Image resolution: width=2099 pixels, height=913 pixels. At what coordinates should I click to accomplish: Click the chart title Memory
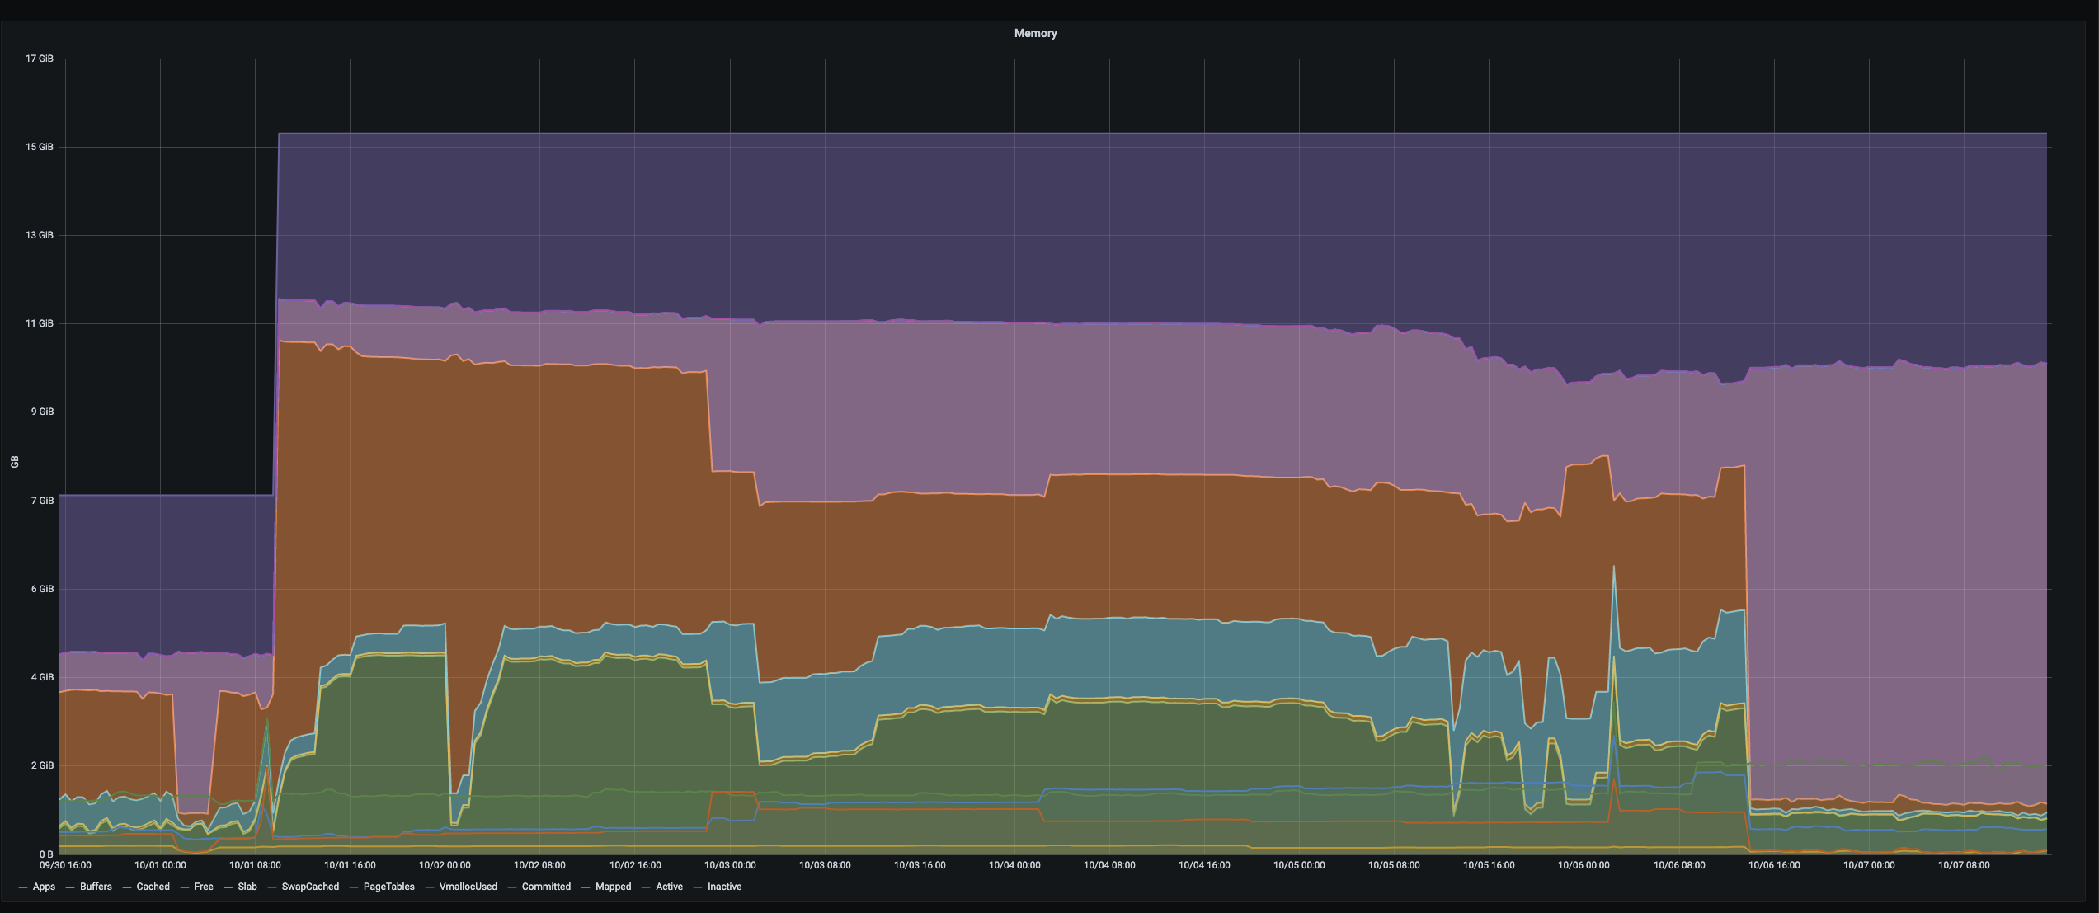click(1035, 33)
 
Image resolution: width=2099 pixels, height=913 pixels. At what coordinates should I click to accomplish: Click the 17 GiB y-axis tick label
click(39, 59)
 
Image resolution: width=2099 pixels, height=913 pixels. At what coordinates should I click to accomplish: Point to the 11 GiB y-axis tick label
click(39, 323)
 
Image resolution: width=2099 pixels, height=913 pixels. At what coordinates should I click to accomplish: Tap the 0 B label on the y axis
click(45, 854)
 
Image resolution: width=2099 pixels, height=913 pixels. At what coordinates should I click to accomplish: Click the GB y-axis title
click(14, 462)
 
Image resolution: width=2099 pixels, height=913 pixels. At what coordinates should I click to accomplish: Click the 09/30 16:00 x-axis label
click(65, 865)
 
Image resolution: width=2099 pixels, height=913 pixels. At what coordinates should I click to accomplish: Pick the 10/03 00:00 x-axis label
click(730, 865)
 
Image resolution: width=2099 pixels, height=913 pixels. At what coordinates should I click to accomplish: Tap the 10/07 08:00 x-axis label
click(1964, 865)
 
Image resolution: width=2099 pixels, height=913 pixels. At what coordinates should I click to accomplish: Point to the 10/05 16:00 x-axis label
click(1489, 865)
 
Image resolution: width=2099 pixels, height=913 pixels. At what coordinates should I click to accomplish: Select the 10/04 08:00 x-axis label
click(1109, 865)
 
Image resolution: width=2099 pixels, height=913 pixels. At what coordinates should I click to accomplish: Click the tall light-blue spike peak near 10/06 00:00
click(1613, 567)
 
